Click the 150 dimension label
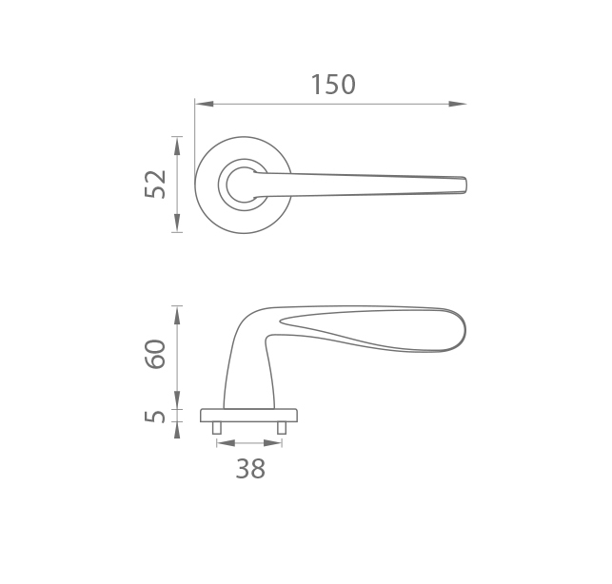(333, 85)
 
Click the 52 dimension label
(155, 185)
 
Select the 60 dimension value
(155, 354)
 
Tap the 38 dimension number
(250, 469)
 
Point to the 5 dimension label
(155, 417)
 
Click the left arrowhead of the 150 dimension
(204, 105)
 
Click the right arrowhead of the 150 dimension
(457, 105)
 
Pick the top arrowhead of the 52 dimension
(177, 146)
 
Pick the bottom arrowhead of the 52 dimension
(177, 224)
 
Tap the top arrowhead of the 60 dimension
(177, 316)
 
